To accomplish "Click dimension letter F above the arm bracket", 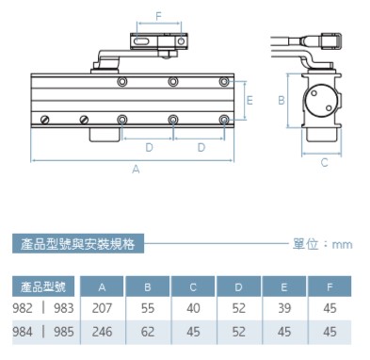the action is tap(158, 16).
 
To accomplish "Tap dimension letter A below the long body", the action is tap(136, 170).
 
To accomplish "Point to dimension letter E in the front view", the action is tap(249, 100).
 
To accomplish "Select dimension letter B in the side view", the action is tap(282, 100).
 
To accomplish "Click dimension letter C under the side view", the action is tap(325, 162).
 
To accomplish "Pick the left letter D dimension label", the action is tap(149, 147).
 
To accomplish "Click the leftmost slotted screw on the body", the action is tap(45, 120).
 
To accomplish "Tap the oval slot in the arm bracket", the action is tap(142, 41).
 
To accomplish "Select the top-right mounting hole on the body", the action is tap(224, 82).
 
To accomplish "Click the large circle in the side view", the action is tap(319, 101).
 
